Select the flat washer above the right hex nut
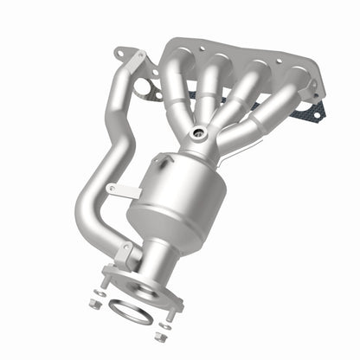point(164,325)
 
